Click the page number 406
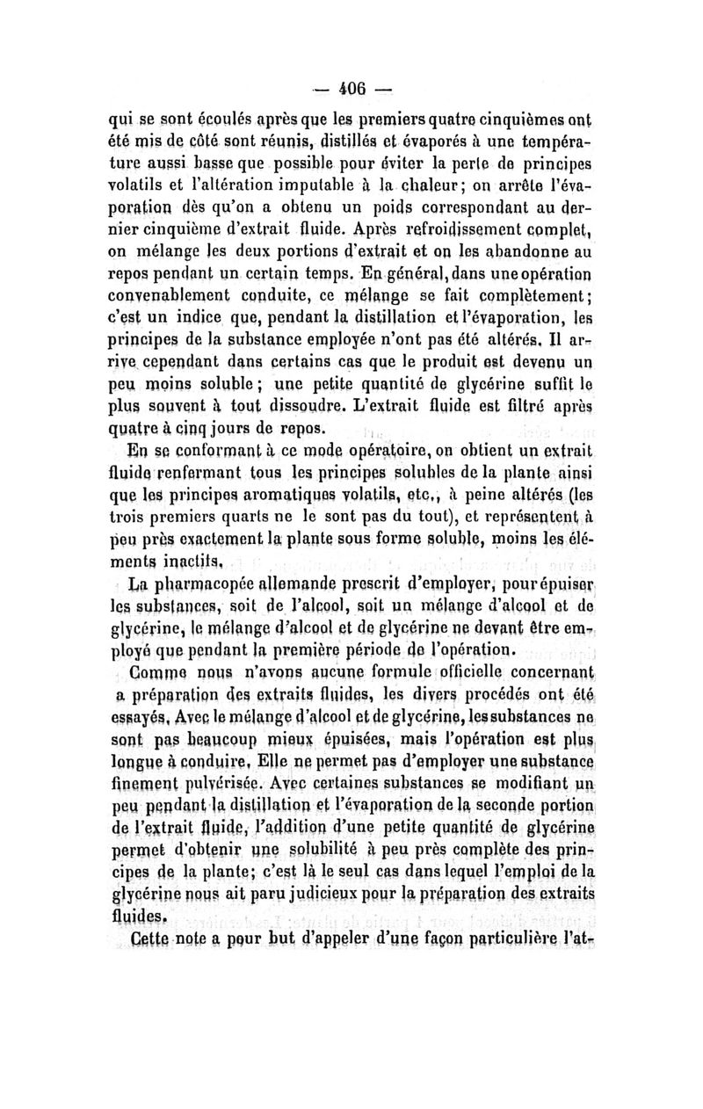[351, 89]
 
